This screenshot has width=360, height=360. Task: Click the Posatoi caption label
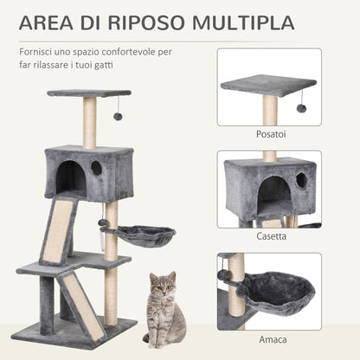270,134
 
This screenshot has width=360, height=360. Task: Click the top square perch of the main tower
89,93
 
